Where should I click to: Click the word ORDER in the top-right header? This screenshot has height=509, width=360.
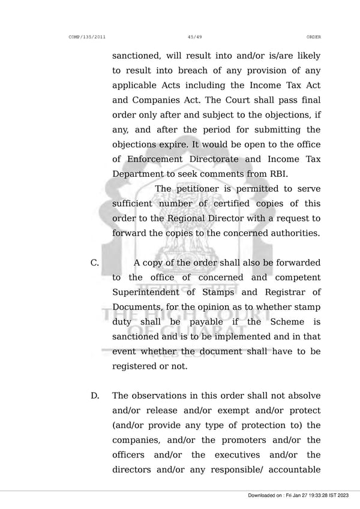pos(313,37)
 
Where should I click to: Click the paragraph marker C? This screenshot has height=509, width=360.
pos(94,263)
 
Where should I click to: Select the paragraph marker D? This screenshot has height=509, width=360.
pos(95,396)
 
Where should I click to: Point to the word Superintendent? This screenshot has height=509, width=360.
pos(145,292)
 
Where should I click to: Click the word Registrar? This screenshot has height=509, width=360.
pos(283,292)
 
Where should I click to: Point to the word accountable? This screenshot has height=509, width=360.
pos(290,469)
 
